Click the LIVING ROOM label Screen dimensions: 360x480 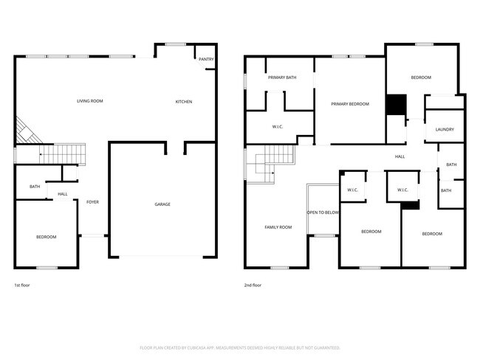coord(89,100)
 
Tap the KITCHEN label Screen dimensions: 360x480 coord(183,101)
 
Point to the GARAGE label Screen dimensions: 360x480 coord(162,204)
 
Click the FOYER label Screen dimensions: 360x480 coord(92,201)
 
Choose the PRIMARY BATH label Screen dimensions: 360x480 coord(282,77)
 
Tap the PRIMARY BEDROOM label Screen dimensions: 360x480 coord(349,104)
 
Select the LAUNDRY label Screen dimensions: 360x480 coord(445,129)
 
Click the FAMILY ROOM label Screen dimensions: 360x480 coord(278,227)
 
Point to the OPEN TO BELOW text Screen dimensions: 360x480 coord(323,212)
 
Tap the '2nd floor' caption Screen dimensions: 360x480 coord(253,285)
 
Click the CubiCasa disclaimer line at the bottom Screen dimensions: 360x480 coord(240,347)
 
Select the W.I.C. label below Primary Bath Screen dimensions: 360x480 coord(278,126)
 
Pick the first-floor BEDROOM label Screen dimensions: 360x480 coord(47,236)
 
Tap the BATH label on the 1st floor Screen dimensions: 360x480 coord(35,187)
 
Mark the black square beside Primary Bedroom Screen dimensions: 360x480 coord(397,105)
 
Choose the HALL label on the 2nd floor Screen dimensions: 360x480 coord(400,156)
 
